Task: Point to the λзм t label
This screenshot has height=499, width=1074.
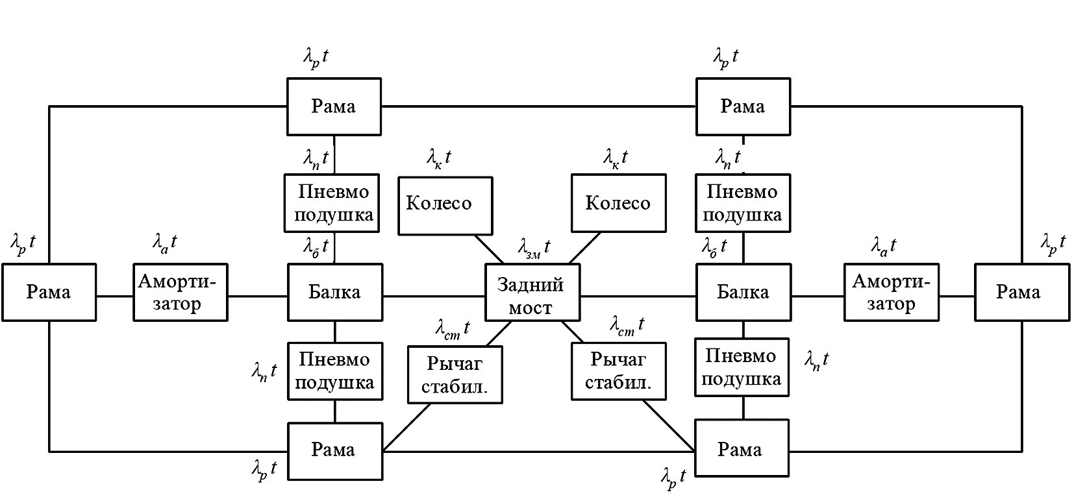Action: point(534,247)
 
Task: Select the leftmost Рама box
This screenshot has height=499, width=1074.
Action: point(49,292)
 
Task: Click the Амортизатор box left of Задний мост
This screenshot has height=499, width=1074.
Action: point(180,292)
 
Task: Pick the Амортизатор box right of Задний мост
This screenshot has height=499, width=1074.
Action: point(891,292)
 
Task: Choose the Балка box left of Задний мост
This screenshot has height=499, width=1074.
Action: point(334,292)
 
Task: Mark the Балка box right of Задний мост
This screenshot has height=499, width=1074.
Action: point(743,292)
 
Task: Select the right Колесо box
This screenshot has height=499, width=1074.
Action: point(618,203)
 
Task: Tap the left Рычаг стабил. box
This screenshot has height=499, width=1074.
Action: point(455,374)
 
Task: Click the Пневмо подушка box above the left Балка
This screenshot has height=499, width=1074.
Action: point(334,202)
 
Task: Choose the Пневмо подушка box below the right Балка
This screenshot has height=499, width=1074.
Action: point(742,367)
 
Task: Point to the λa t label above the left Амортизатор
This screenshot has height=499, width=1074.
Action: point(165,243)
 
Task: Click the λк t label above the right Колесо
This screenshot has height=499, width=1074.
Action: point(616,157)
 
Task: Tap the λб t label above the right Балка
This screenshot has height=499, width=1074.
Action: point(714,247)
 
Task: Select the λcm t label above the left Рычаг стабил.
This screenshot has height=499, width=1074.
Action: point(452,328)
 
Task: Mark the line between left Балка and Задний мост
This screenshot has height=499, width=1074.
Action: point(434,297)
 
